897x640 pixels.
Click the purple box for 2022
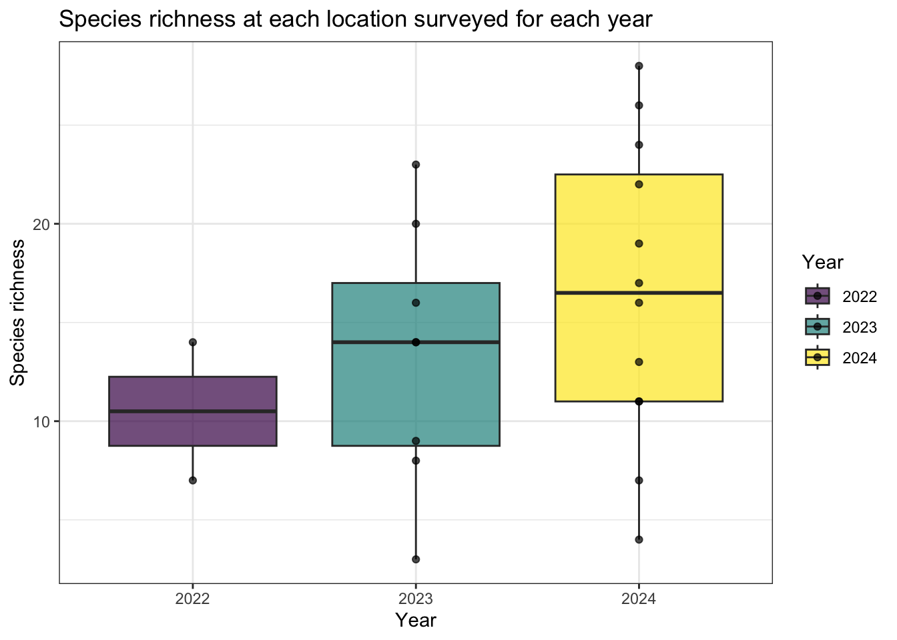coord(192,393)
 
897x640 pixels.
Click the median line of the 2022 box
coord(192,411)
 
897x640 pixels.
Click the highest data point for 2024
coord(639,66)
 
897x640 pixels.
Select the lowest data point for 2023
coord(416,559)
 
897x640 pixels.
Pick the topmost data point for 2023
coord(416,165)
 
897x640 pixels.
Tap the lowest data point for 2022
coord(193,480)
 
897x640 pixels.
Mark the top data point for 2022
coord(193,342)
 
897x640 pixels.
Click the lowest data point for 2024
coord(639,539)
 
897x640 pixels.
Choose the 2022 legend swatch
coord(817,296)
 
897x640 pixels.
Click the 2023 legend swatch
coord(817,327)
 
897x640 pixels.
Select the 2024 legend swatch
coord(817,357)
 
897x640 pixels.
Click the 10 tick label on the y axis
coord(41,421)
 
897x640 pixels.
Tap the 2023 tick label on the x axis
coord(416,599)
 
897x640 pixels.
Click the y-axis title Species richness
coord(18,312)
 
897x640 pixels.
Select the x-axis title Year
coord(416,621)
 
